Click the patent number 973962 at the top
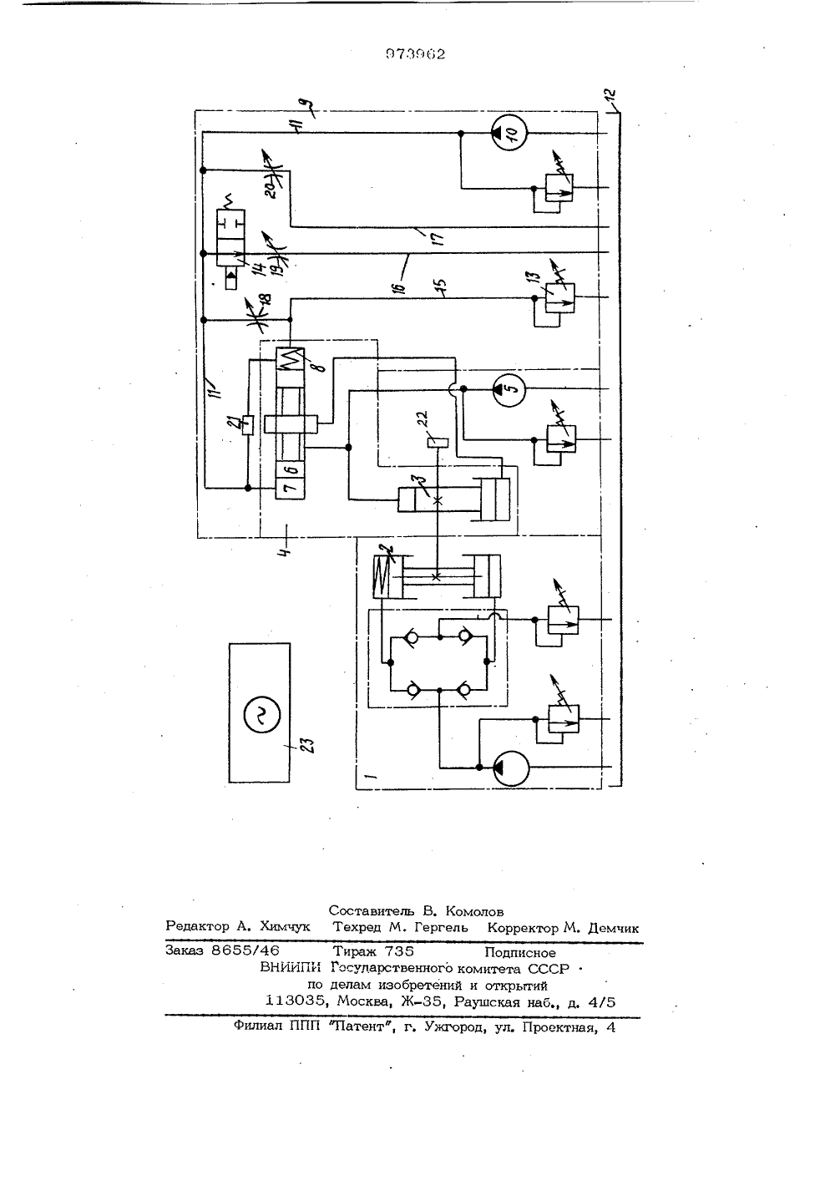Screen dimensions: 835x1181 pos(416,54)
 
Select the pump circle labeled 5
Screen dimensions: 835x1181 pos(509,389)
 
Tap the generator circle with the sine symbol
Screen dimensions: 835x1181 pos(262,715)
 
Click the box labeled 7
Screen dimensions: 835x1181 pos(291,489)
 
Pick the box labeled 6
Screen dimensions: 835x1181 pos(291,469)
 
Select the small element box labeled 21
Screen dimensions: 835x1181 pos(248,424)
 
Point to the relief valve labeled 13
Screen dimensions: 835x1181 pos(559,298)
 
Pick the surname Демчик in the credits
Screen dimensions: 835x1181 pos(613,928)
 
